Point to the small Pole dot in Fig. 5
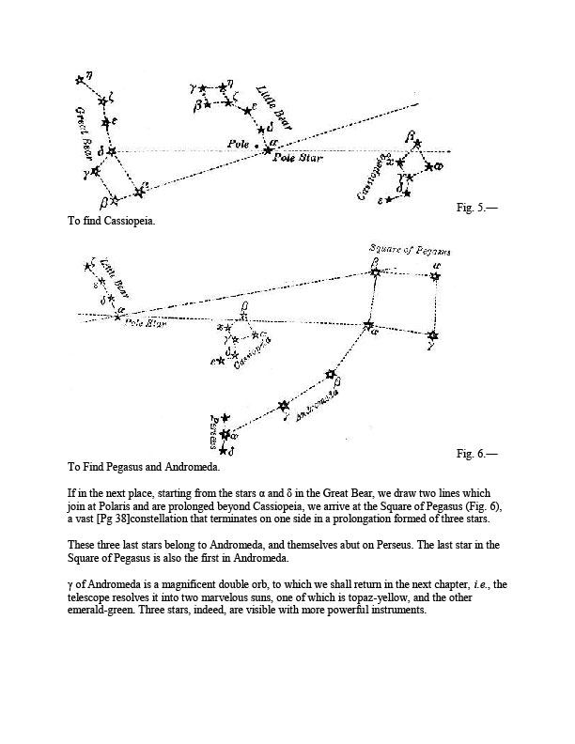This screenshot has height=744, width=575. (x=256, y=146)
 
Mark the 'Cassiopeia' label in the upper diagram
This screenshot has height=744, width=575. (x=374, y=177)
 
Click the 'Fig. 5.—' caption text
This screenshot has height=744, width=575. (x=476, y=208)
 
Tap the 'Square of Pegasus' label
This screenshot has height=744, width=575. (x=409, y=251)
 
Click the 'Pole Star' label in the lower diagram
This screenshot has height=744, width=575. (x=145, y=323)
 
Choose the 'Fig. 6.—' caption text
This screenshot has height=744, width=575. (x=476, y=454)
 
